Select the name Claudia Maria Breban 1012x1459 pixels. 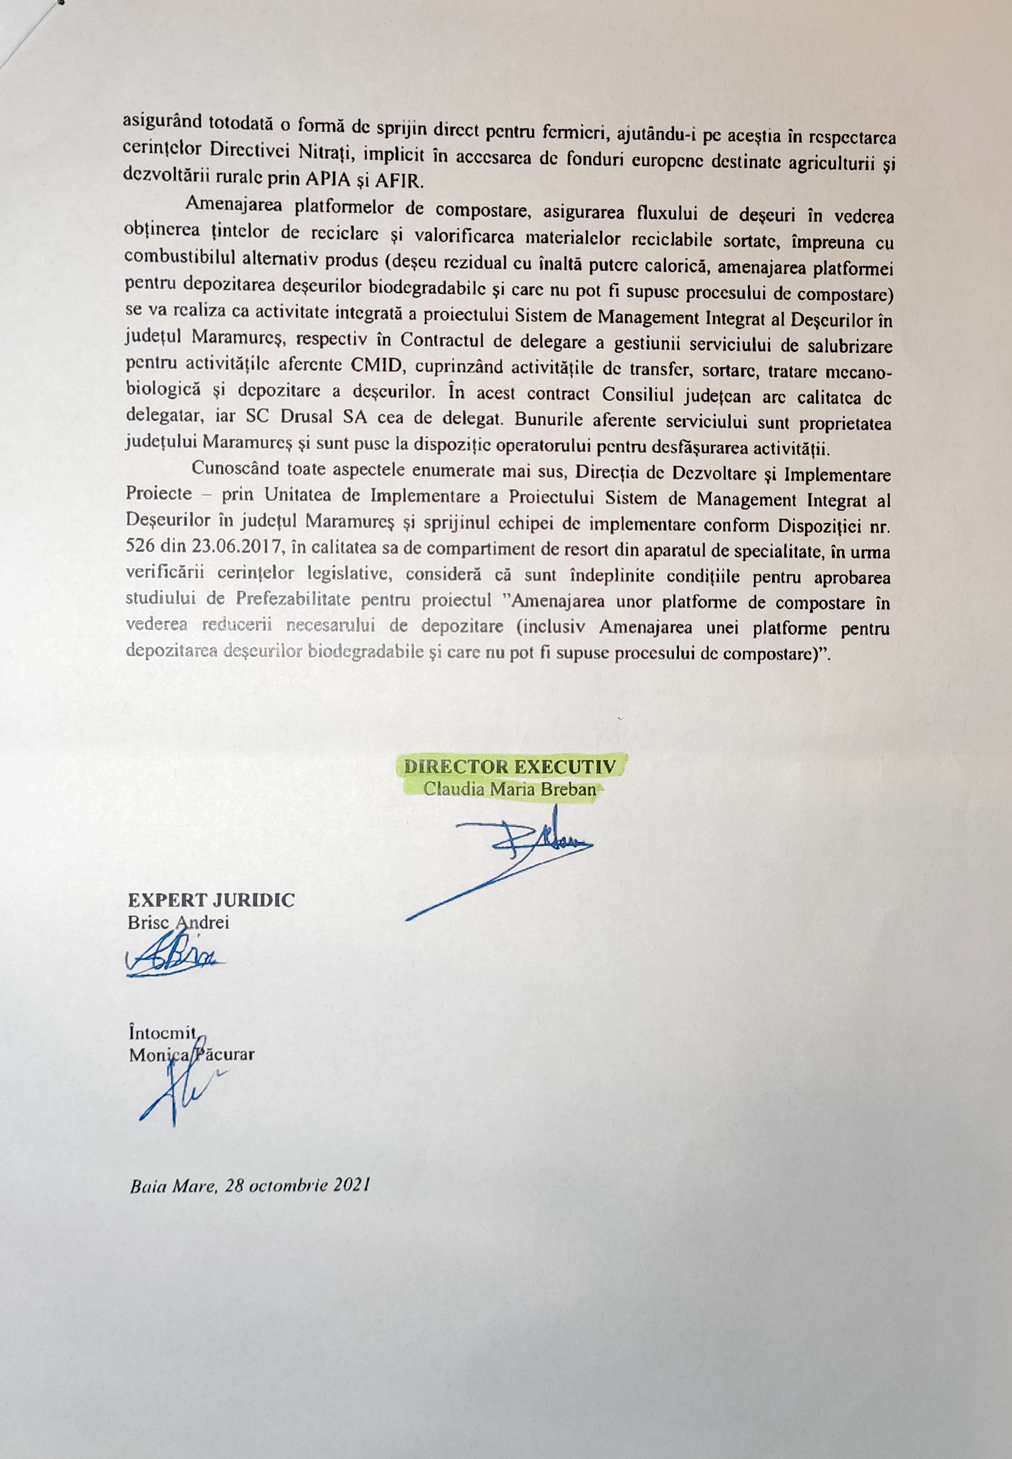coord(510,791)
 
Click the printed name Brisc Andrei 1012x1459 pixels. coord(178,922)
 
